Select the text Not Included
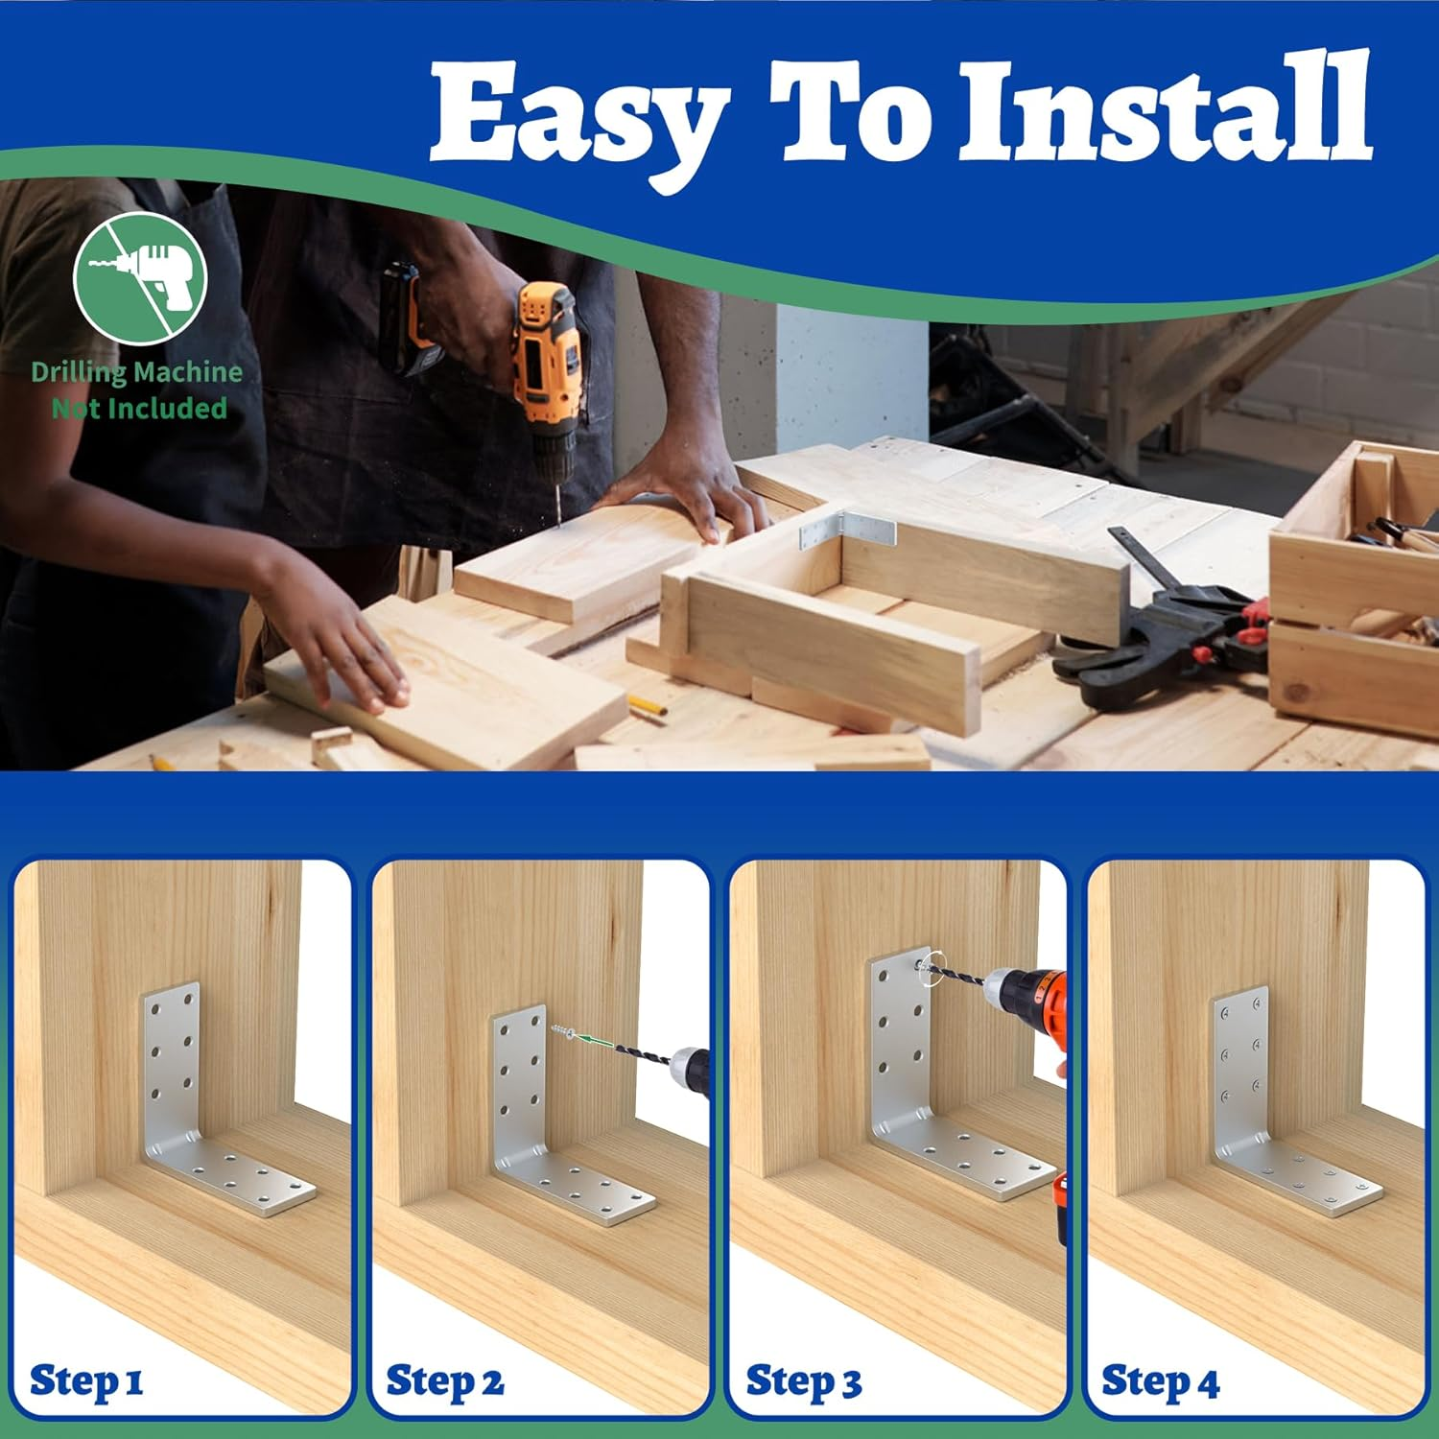[x=139, y=409]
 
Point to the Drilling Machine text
[x=136, y=372]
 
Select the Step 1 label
[x=86, y=1381]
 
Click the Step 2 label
[x=444, y=1382]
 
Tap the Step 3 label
[x=803, y=1382]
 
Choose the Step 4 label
[x=1160, y=1382]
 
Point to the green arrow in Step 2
[x=594, y=1041]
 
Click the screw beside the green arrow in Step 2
[x=562, y=1032]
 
